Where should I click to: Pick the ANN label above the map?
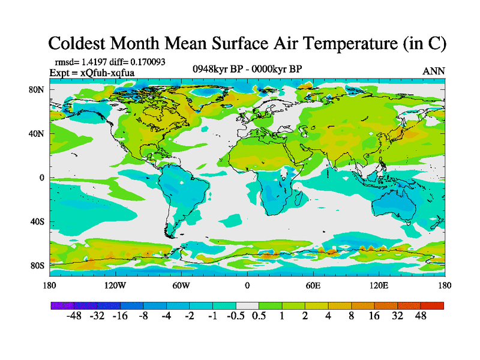point(434,71)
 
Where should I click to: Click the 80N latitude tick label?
point(38,89)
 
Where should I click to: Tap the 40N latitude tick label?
point(38,134)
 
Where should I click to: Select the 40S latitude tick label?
point(39,222)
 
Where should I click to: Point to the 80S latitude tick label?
point(39,266)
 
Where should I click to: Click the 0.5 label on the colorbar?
point(259,316)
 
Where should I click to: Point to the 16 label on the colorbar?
point(374,316)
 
